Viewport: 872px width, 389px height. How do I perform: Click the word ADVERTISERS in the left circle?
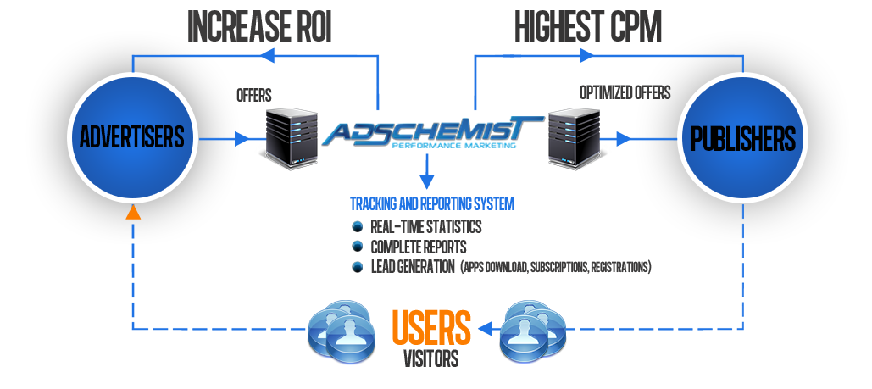point(131,137)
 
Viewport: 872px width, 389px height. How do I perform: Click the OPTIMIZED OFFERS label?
point(625,92)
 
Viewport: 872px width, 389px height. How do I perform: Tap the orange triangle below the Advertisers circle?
point(132,212)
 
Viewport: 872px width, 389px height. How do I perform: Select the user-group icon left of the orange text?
point(341,331)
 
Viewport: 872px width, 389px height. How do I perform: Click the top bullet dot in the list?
point(357,226)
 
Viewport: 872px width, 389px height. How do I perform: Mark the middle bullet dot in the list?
point(357,247)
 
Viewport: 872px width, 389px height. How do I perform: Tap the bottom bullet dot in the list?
point(357,267)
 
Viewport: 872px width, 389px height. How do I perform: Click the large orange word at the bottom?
point(431,327)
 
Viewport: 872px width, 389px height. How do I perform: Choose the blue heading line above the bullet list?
point(432,204)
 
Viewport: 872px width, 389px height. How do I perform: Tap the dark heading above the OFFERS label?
point(258,26)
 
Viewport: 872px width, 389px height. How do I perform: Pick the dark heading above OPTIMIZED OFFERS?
point(588,26)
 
